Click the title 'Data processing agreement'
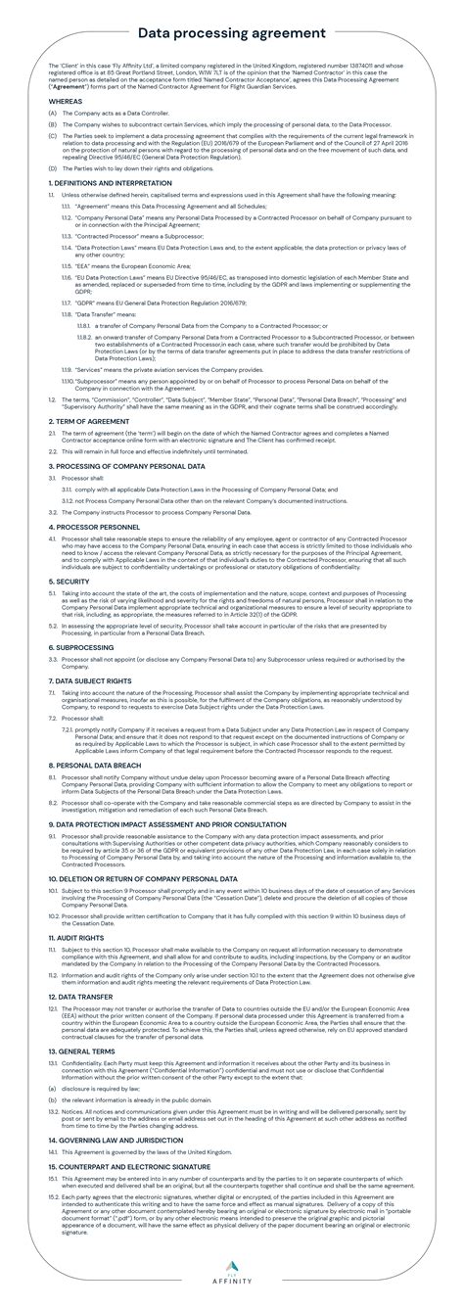click(231, 33)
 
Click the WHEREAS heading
click(66, 101)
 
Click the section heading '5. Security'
click(69, 581)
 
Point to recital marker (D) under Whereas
click(52, 167)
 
